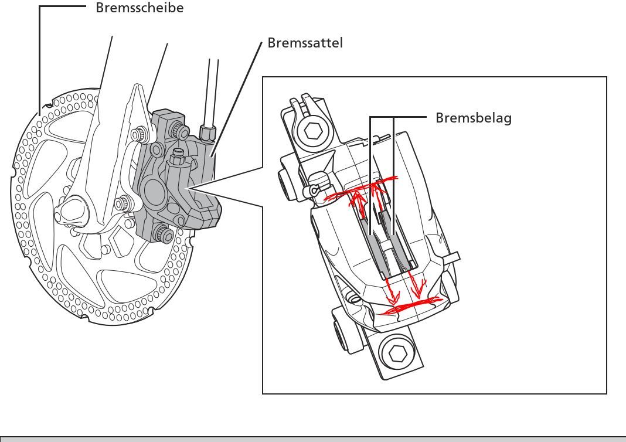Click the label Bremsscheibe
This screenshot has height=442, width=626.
[x=140, y=8]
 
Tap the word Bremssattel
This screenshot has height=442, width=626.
[x=305, y=43]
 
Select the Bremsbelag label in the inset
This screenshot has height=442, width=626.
[x=473, y=118]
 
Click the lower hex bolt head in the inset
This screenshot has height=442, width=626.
[x=397, y=353]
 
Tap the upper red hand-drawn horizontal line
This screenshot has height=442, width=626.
[x=360, y=189]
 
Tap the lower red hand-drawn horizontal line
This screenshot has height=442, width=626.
[x=410, y=305]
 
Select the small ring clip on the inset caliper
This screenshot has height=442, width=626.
[x=315, y=190]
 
